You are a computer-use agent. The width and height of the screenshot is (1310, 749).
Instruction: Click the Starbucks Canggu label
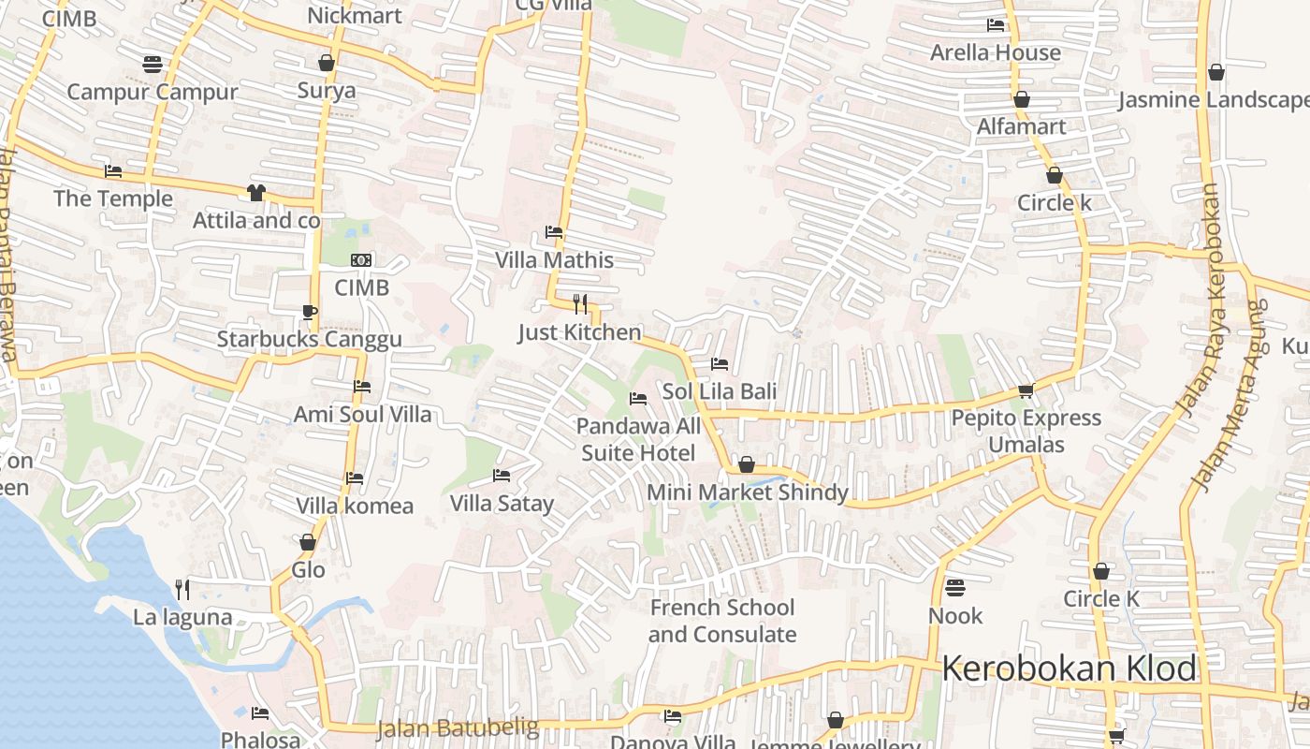point(309,339)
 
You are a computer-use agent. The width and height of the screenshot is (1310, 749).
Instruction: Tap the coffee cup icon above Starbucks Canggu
point(310,312)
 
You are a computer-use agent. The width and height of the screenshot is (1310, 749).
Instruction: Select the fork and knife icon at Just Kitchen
point(580,303)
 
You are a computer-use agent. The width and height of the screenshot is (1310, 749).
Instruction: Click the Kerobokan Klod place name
point(1069,669)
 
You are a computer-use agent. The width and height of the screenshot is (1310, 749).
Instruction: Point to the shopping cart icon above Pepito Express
point(1026,390)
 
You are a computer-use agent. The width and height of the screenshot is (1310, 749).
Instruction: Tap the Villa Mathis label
point(554,260)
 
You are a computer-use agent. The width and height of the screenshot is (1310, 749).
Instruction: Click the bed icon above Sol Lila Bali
point(720,363)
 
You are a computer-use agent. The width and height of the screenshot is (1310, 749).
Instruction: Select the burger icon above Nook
point(954,588)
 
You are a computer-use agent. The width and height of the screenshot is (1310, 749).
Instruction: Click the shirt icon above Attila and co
point(255,193)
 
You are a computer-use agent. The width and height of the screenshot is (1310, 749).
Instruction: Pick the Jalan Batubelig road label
point(458,727)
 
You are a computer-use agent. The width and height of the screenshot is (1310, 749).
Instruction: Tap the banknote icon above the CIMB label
point(361,260)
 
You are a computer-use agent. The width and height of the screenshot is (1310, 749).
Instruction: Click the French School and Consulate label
point(722,621)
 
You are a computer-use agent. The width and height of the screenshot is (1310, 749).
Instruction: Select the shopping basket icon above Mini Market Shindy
point(747,464)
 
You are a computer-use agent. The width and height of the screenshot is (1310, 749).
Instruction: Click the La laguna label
point(182,617)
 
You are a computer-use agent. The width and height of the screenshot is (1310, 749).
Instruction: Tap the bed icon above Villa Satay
point(502,476)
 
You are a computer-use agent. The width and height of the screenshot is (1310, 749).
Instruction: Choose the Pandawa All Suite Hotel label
point(638,440)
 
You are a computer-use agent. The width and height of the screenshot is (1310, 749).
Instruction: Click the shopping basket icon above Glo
point(308,542)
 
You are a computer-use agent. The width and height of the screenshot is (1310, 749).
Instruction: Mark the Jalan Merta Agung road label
point(1230,393)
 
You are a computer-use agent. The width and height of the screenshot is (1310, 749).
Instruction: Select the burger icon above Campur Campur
point(153,64)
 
